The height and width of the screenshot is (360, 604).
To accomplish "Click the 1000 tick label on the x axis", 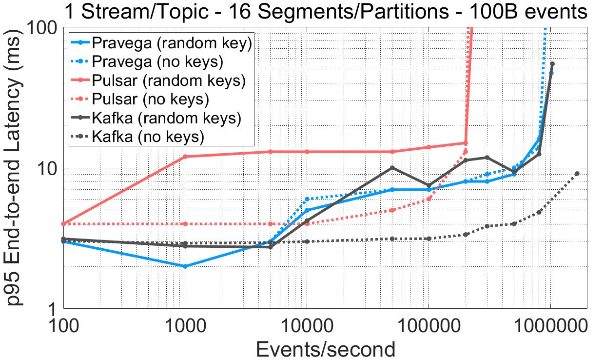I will [x=185, y=325].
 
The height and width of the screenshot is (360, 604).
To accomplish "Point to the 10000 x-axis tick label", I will [x=306, y=325].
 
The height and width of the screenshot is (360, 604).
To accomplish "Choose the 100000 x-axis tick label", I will [x=428, y=325].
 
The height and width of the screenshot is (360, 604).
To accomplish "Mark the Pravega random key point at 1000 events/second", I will [x=185, y=266].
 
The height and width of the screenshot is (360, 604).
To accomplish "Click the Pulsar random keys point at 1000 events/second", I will [x=185, y=157].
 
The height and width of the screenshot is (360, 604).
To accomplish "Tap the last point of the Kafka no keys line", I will [x=577, y=174].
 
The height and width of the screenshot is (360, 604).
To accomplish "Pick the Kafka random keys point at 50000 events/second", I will [x=392, y=168].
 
